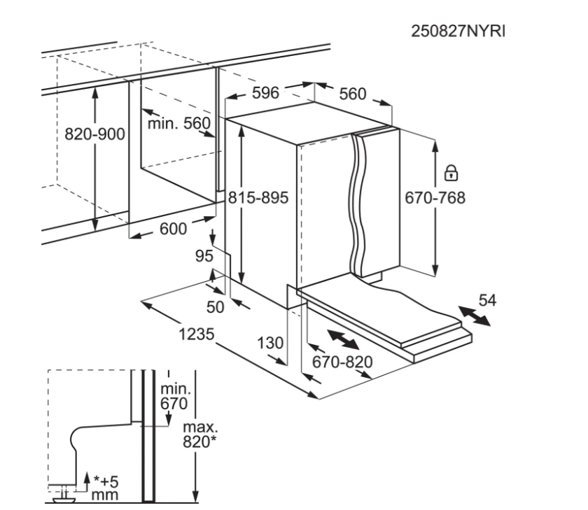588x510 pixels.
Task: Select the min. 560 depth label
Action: (178, 124)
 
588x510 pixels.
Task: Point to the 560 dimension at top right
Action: (353, 94)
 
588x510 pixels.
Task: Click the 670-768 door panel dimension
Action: (435, 198)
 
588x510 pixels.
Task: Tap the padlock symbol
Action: (451, 171)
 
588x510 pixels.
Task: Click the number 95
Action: (203, 257)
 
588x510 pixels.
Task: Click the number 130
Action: (269, 343)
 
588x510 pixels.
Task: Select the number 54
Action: (486, 300)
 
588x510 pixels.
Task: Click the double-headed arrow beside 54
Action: (473, 316)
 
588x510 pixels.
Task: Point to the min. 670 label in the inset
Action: (174, 396)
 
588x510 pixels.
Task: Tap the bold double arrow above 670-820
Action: (342, 341)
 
